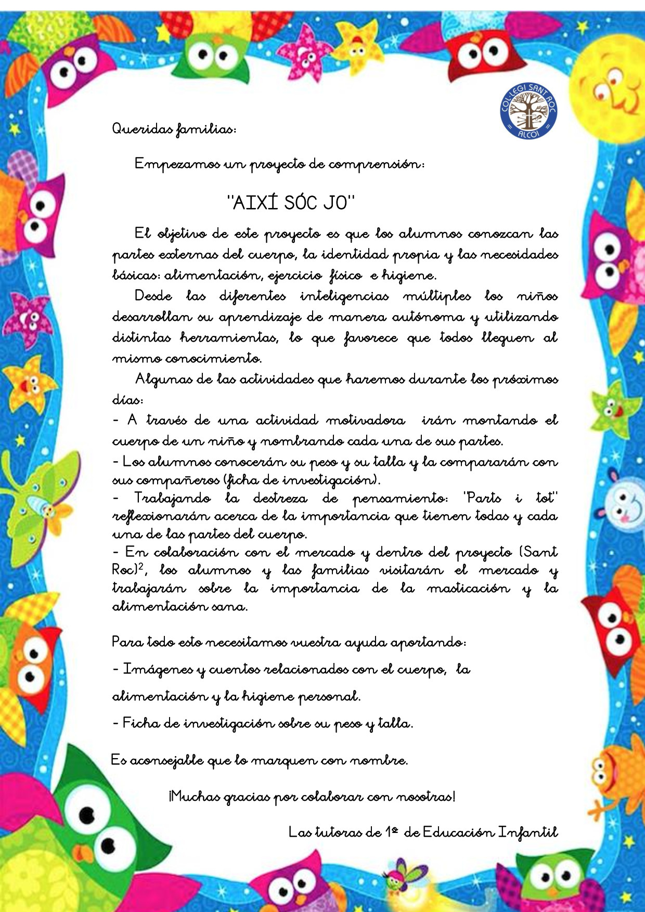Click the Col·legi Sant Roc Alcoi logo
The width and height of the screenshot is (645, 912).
[x=528, y=112]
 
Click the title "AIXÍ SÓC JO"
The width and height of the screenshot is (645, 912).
[x=291, y=203]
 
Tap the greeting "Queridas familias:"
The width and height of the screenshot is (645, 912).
[x=174, y=128]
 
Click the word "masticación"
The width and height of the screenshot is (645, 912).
[x=468, y=589]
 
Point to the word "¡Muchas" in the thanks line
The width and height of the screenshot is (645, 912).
[x=195, y=796]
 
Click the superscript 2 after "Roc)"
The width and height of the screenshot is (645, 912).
[x=140, y=567]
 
